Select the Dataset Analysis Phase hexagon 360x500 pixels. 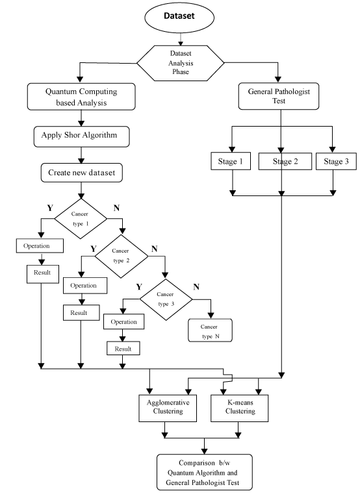pyautogui.click(x=181, y=63)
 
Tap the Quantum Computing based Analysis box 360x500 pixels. pyautogui.click(x=81, y=97)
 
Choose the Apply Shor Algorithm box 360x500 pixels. pyautogui.click(x=81, y=136)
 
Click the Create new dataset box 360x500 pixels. pyautogui.click(x=82, y=173)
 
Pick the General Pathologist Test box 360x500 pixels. pyautogui.click(x=279, y=96)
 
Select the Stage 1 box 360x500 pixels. pyautogui.click(x=231, y=161)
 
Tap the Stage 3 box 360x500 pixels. pyautogui.click(x=336, y=161)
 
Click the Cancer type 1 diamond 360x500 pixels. pyautogui.click(x=81, y=219)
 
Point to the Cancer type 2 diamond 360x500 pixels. pyautogui.click(x=122, y=256)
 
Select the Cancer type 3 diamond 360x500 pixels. pyautogui.click(x=166, y=299)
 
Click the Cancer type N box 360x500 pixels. pyautogui.click(x=210, y=331)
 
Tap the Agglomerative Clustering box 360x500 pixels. pyautogui.click(x=168, y=408)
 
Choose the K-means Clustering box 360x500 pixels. pyautogui.click(x=239, y=408)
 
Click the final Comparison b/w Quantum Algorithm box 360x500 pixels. pyautogui.click(x=205, y=472)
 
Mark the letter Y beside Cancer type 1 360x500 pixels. pyautogui.click(x=50, y=208)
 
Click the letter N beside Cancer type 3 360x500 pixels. pyautogui.click(x=196, y=287)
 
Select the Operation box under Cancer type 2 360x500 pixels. pyautogui.click(x=85, y=286)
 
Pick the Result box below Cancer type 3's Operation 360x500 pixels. pyautogui.click(x=123, y=349)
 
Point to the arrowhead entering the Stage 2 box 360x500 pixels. pyautogui.click(x=281, y=150)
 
